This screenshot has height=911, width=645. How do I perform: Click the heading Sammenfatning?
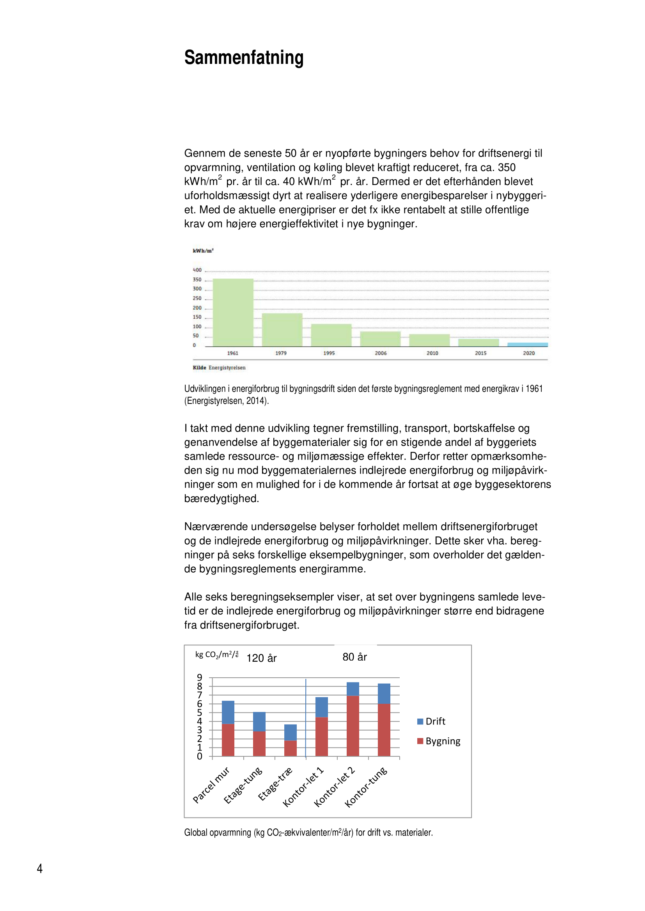pyautogui.click(x=243, y=58)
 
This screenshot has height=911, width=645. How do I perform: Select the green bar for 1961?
pyautogui.click(x=233, y=312)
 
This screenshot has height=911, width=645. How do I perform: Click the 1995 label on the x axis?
pyautogui.click(x=329, y=353)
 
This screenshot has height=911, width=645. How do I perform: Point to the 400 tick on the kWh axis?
pyautogui.click(x=197, y=270)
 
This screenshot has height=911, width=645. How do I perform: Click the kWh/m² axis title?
pyautogui.click(x=203, y=251)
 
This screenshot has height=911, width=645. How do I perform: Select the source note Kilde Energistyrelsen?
pyautogui.click(x=219, y=368)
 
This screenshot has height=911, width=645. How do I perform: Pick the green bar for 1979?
pyautogui.click(x=282, y=330)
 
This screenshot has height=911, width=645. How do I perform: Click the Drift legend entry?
pyautogui.click(x=431, y=721)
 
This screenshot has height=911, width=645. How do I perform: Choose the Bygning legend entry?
pyautogui.click(x=438, y=741)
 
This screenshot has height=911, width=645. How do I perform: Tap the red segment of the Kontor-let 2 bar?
pyautogui.click(x=353, y=726)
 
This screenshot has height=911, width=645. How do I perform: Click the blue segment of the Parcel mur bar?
pyautogui.click(x=228, y=712)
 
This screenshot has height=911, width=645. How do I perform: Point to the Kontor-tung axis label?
pyautogui.click(x=366, y=787)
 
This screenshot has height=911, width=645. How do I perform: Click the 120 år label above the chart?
pyautogui.click(x=261, y=658)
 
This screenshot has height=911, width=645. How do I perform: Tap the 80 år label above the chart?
pyautogui.click(x=354, y=657)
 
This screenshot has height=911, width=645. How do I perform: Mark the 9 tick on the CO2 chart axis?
pyautogui.click(x=199, y=677)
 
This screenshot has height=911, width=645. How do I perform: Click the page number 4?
pyautogui.click(x=40, y=869)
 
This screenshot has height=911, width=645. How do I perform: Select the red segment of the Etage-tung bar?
pyautogui.click(x=259, y=744)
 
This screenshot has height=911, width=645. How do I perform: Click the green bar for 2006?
pyautogui.click(x=380, y=339)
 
